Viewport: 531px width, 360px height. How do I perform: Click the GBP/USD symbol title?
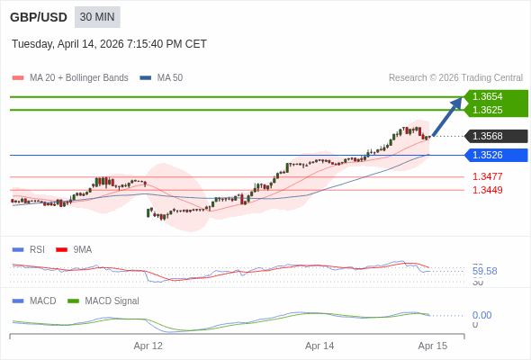tap(38, 17)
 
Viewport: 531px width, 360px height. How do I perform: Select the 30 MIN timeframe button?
tap(97, 17)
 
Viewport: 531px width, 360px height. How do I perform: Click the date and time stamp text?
tap(109, 43)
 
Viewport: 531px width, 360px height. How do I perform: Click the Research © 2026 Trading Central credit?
tap(455, 77)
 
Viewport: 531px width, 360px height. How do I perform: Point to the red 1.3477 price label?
tap(488, 176)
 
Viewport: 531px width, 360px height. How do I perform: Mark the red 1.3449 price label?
tap(488, 190)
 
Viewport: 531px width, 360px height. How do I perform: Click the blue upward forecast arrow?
tap(447, 116)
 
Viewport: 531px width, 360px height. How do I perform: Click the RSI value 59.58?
tap(484, 271)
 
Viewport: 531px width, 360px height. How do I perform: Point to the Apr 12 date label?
tap(148, 346)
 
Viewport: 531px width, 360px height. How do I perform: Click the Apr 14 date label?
tap(319, 346)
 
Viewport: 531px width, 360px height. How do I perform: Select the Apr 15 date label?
tap(432, 346)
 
